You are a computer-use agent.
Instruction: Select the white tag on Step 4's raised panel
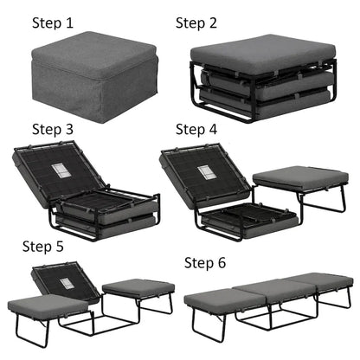pyautogui.click(x=207, y=170)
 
